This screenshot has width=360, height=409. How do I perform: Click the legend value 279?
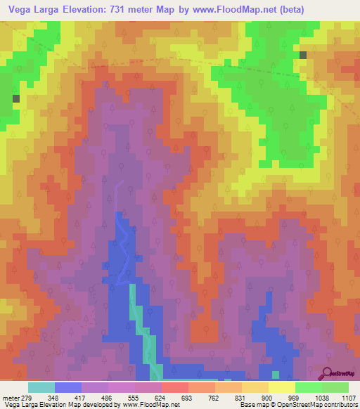coord(25,397)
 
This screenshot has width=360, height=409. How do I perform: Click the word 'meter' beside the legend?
coord(9,397)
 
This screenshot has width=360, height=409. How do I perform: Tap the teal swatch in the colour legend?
coord(41,387)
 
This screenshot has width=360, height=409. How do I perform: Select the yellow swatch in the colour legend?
coord(282,387)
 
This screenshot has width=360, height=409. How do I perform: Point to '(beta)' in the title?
coord(337,9)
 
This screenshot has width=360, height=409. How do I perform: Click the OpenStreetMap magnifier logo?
coord(327,374)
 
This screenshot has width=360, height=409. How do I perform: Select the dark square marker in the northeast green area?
coord(303,55)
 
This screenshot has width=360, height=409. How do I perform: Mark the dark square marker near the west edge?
coord(15,99)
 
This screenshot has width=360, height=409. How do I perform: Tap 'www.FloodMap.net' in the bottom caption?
coord(150,405)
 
